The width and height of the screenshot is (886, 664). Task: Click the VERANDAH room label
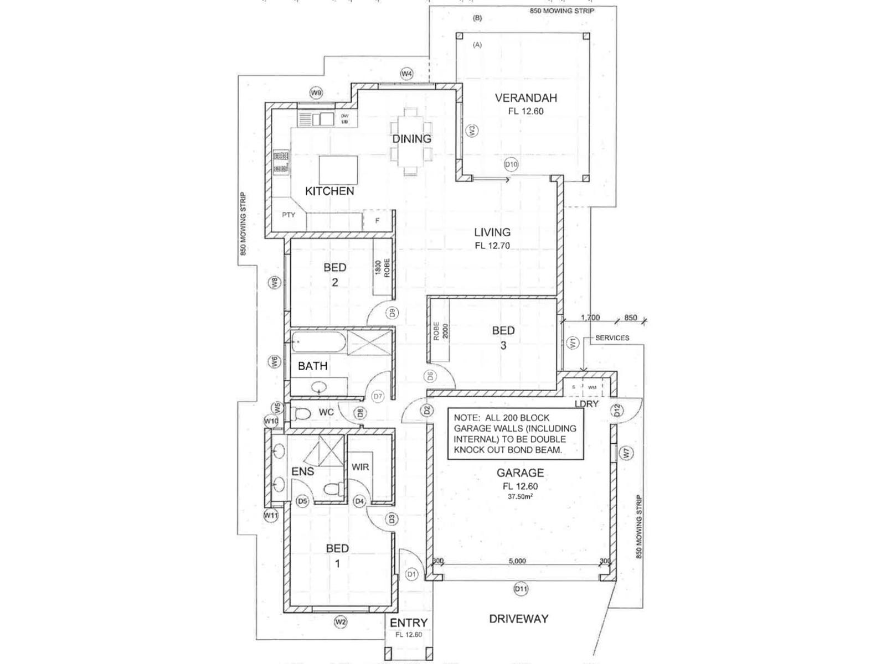pos(526,98)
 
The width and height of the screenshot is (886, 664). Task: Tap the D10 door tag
pos(511,164)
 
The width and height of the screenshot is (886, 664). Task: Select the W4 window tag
pos(407,74)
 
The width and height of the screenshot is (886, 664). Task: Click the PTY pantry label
pos(289,215)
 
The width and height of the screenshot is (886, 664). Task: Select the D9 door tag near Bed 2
pos(392,313)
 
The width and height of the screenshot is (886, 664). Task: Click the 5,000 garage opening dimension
pos(517,561)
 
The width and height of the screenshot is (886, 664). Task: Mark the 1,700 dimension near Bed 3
pos(590,318)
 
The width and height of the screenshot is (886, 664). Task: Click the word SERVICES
pos(612,338)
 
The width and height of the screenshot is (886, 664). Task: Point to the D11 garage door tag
pos(521,589)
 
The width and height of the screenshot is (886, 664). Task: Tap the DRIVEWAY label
pos(518,619)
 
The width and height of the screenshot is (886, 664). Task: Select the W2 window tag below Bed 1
pos(341,622)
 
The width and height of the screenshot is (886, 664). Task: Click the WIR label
pos(360,467)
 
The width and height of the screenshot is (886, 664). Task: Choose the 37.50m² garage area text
pos(520,497)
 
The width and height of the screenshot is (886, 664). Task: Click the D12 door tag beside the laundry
pos(617,411)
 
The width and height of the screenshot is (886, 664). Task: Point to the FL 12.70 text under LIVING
pos(492,246)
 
